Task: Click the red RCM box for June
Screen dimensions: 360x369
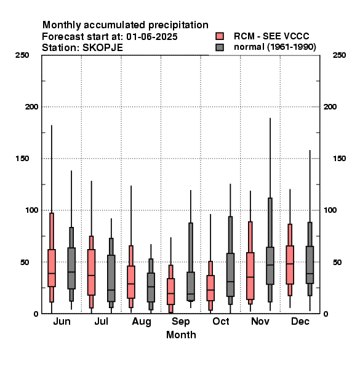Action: coord(52,268)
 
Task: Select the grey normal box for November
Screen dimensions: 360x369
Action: coord(270,266)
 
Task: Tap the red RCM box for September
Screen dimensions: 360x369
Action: coord(170,292)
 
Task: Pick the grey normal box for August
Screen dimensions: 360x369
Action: coord(151,287)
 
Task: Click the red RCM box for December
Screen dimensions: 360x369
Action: coord(290,265)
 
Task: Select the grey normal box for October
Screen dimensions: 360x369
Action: coord(230,275)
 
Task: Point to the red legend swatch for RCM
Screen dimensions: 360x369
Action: coord(220,36)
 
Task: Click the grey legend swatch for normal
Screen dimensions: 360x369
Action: coord(220,47)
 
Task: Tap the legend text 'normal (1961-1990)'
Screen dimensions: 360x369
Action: coord(274,47)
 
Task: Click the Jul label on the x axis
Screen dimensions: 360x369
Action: coord(102,322)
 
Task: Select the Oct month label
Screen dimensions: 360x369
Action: coord(220,322)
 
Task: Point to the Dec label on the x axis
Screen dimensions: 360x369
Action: coord(300,322)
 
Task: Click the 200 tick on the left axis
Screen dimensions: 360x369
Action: coord(31,107)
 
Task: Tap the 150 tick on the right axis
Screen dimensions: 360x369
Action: coord(339,159)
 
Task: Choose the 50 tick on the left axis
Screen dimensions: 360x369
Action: coord(25,262)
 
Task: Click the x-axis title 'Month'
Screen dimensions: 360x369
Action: coord(181,335)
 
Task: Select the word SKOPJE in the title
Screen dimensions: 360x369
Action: coord(103,48)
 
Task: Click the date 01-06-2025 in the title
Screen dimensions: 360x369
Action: coord(152,37)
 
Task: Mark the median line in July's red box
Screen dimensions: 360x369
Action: coord(91,275)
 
